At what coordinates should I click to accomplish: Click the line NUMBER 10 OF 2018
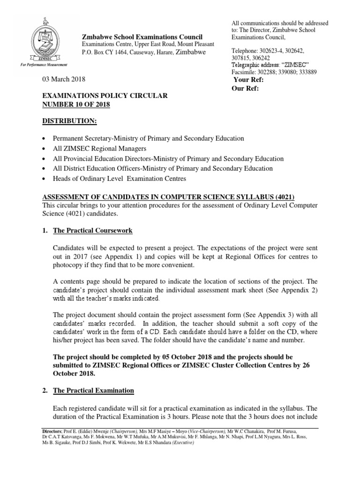pos(76,105)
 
